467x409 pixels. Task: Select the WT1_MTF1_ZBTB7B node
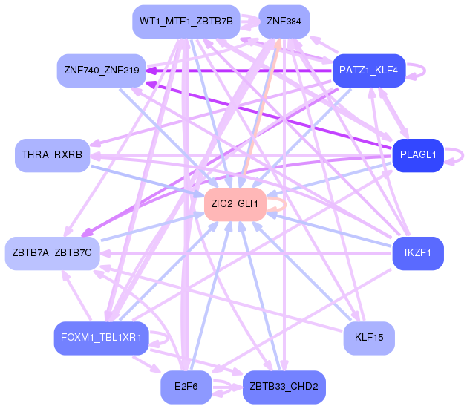[186, 22]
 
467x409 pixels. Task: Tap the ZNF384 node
[284, 22]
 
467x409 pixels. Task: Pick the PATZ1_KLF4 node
[368, 71]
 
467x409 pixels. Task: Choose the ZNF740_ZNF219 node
[101, 71]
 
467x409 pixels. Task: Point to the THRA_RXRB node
[52, 154]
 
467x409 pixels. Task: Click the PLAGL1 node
[417, 155]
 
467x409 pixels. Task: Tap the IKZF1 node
[417, 253]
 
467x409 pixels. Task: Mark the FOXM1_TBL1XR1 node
[101, 338]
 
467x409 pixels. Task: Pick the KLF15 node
[369, 338]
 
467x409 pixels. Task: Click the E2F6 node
[186, 387]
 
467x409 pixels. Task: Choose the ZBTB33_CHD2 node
[284, 387]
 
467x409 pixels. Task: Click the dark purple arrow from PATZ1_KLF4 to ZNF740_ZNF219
[238, 71]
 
